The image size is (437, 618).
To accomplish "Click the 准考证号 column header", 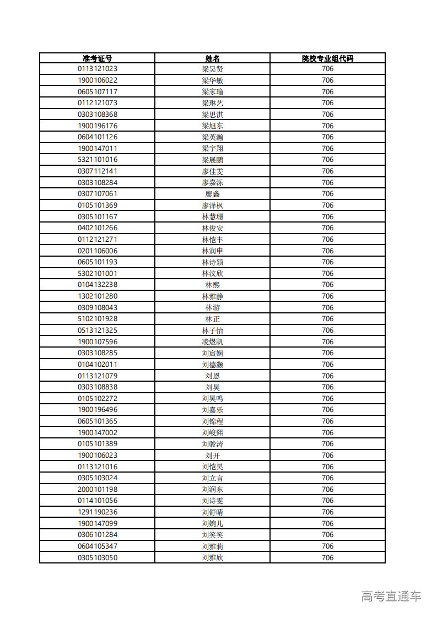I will (x=97, y=58).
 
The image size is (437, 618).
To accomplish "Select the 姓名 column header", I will (x=212, y=58).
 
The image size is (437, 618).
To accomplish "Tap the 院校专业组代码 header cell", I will (x=327, y=58).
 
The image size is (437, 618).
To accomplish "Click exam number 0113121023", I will (x=97, y=69).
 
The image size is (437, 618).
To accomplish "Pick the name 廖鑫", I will (x=212, y=194).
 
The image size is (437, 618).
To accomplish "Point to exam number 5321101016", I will (x=97, y=160).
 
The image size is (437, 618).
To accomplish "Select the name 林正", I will (x=212, y=319).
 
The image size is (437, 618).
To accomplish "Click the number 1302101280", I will (x=97, y=296).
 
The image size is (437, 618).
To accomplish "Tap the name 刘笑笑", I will (x=212, y=535).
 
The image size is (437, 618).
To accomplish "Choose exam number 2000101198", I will (x=97, y=489).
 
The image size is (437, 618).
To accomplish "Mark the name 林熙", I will (x=212, y=285).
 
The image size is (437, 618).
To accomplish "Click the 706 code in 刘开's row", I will (x=327, y=456).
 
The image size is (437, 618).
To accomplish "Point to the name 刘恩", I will (x=212, y=376).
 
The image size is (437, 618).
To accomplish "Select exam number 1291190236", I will (x=97, y=512).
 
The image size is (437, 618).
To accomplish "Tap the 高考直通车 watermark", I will (x=391, y=596).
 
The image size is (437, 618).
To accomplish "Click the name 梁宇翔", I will (x=212, y=149).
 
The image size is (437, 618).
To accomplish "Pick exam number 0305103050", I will (x=97, y=557).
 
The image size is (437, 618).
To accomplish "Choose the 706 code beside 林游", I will (x=327, y=307).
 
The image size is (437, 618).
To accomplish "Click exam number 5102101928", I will (x=97, y=319).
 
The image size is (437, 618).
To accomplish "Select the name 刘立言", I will (x=212, y=478).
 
